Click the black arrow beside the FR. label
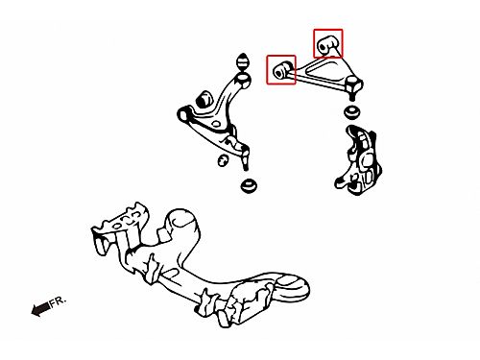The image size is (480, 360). coord(40,309)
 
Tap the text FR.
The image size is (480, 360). coord(58,301)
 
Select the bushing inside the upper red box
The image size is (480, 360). coord(326,44)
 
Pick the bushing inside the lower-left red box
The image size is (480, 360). coord(282,69)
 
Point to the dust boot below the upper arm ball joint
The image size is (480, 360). coord(353,111)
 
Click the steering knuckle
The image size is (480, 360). coord(358,160)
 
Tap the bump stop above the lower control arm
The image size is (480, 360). coord(243,61)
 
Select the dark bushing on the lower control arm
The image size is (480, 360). coord(204,99)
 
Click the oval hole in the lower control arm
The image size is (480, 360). coord(216,124)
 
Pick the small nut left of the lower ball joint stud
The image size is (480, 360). coord(223,160)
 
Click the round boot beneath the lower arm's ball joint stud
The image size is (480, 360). coord(250,186)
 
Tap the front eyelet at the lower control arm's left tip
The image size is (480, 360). coord(183,114)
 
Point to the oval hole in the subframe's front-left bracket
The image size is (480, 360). coord(118,227)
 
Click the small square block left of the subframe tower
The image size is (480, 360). coord(162,235)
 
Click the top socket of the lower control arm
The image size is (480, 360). coord(243,79)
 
